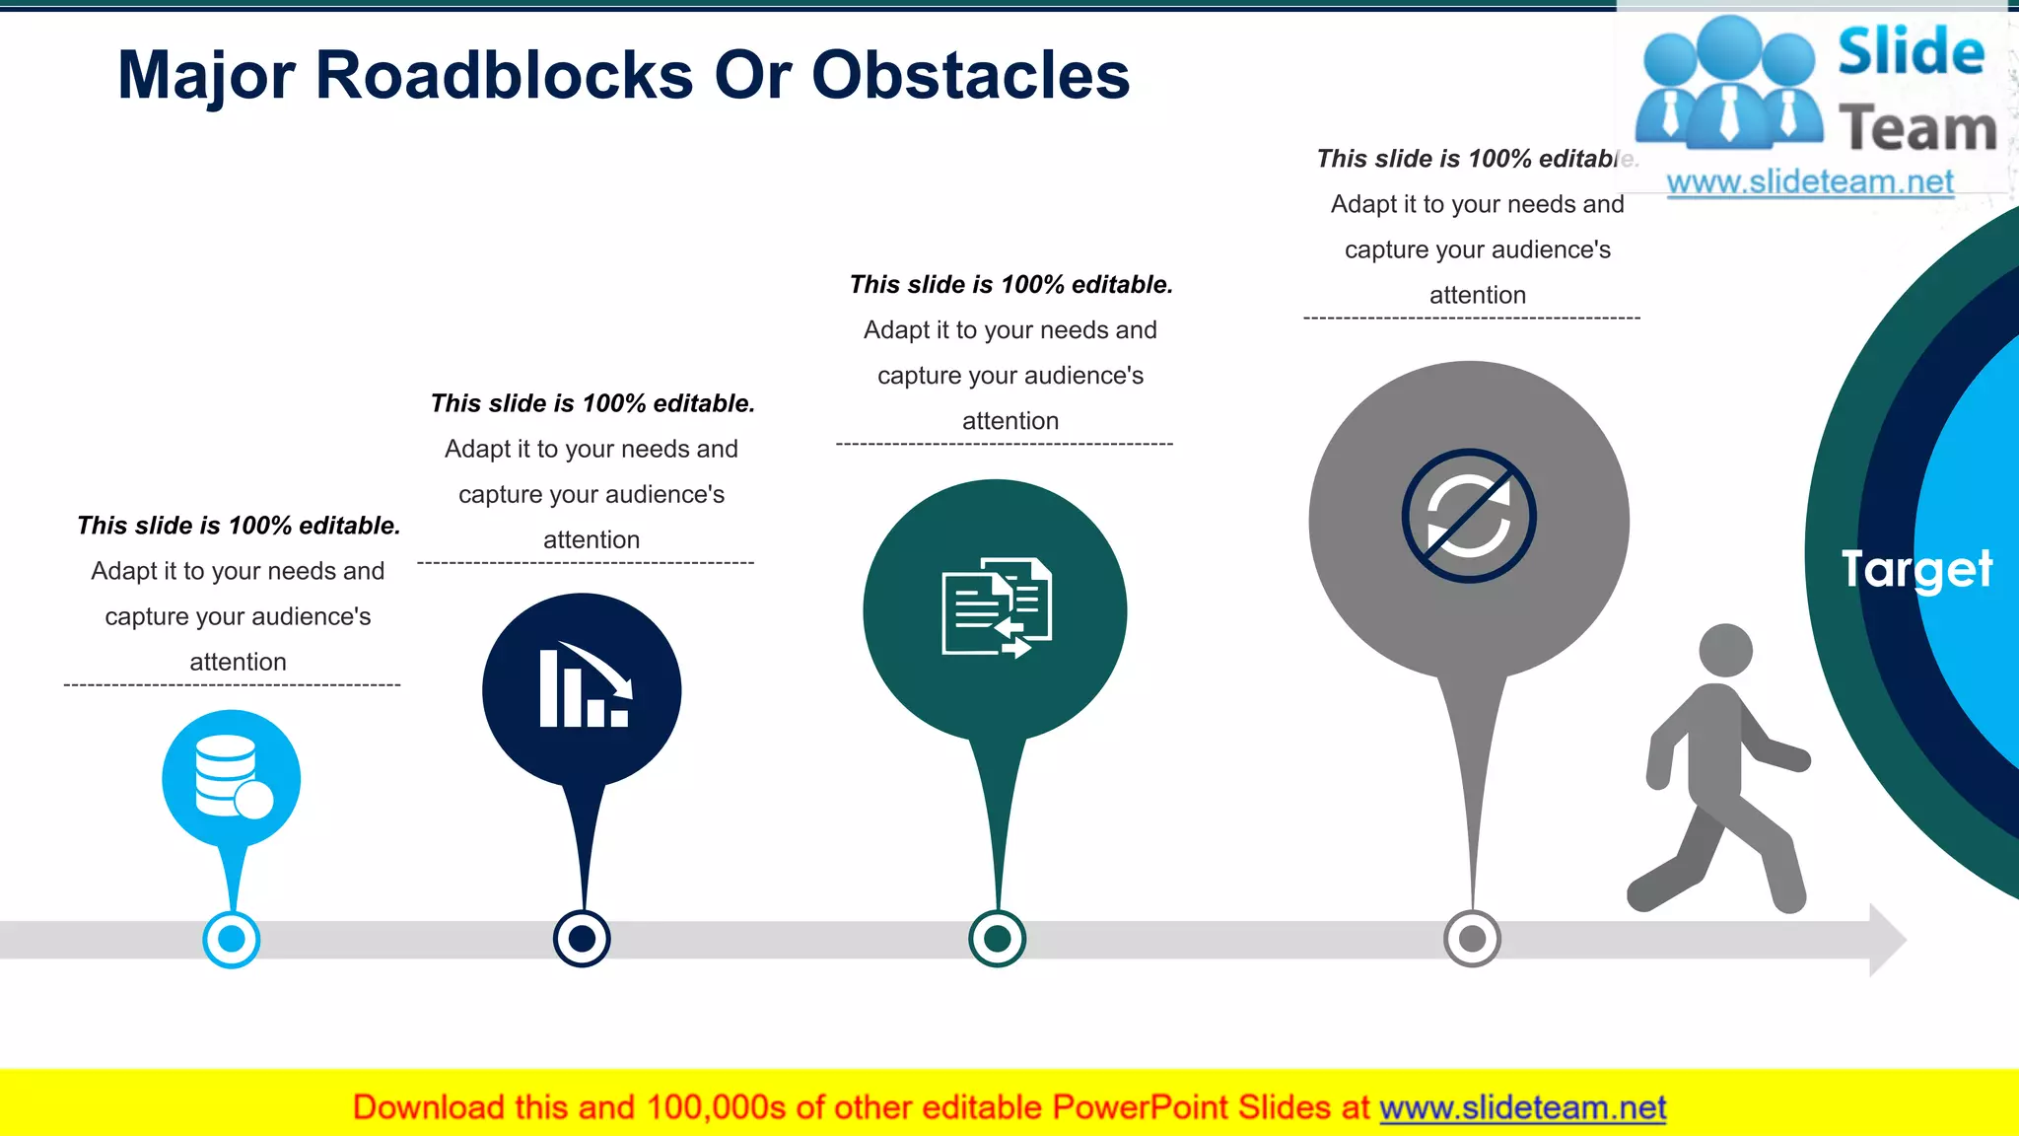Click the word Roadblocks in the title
[504, 76]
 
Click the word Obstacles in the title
[970, 76]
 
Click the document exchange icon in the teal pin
[996, 607]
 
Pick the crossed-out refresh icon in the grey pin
[1469, 516]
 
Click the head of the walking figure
[1725, 650]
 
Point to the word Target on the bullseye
[1916, 569]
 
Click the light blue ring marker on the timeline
[232, 939]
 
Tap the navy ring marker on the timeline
[582, 939]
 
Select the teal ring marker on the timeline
[997, 939]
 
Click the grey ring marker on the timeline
[1472, 939]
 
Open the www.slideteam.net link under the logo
[1810, 182]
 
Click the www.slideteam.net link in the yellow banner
[1522, 1108]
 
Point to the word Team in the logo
[1917, 128]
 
